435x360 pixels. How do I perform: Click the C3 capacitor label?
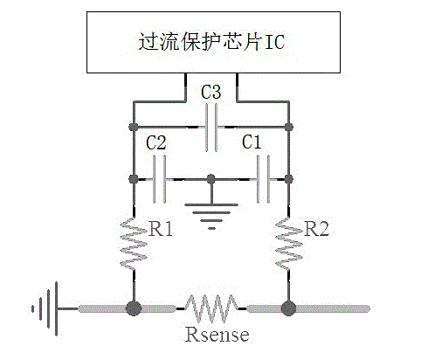tap(211, 92)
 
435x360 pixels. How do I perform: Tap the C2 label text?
tap(156, 142)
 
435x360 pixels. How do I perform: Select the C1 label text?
tap(252, 142)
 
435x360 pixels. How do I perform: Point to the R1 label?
tap(161, 228)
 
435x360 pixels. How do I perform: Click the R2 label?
tap(316, 228)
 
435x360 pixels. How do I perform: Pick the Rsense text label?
tap(217, 335)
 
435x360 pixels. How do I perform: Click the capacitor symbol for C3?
tap(211, 128)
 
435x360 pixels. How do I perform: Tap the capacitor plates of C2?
tap(159, 179)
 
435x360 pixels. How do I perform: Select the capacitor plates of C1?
tap(263, 179)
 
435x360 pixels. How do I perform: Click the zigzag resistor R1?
tap(134, 244)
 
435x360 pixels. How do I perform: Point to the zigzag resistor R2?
tap(289, 244)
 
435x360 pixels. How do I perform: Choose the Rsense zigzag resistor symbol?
tap(211, 308)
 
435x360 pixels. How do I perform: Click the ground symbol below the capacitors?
tap(211, 216)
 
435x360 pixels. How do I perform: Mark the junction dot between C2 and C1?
tap(211, 179)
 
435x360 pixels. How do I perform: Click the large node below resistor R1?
tap(134, 308)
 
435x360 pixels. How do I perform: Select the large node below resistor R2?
tap(289, 308)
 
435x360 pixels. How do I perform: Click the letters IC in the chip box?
tap(274, 42)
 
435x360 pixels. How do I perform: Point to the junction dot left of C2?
tap(134, 179)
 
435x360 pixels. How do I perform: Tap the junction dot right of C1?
tap(289, 179)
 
